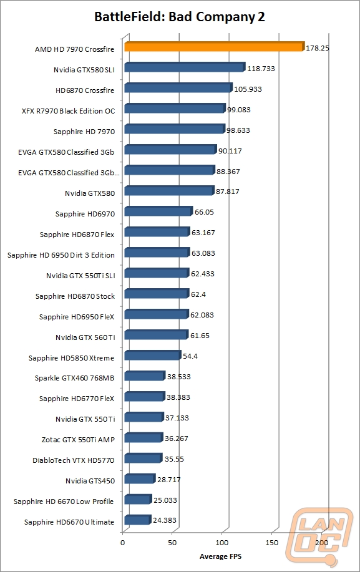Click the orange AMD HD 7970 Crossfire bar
tap(214, 47)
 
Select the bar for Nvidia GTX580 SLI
tap(185, 67)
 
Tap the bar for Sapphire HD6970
tap(158, 211)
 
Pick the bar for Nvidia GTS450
tap(140, 478)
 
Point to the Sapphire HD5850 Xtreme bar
tap(152, 355)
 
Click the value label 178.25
tap(318, 48)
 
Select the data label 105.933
tap(248, 89)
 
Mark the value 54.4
tap(190, 356)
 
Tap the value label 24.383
tap(165, 520)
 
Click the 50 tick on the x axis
tap(172, 543)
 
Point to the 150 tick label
tap(271, 543)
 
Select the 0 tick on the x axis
tap(122, 543)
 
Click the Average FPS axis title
tap(220, 556)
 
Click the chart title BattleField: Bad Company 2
tap(180, 17)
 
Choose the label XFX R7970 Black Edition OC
tap(68, 111)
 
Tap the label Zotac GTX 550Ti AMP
tap(78, 440)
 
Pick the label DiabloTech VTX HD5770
tap(74, 460)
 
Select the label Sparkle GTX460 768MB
tap(74, 378)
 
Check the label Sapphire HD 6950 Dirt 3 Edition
tap(61, 255)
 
